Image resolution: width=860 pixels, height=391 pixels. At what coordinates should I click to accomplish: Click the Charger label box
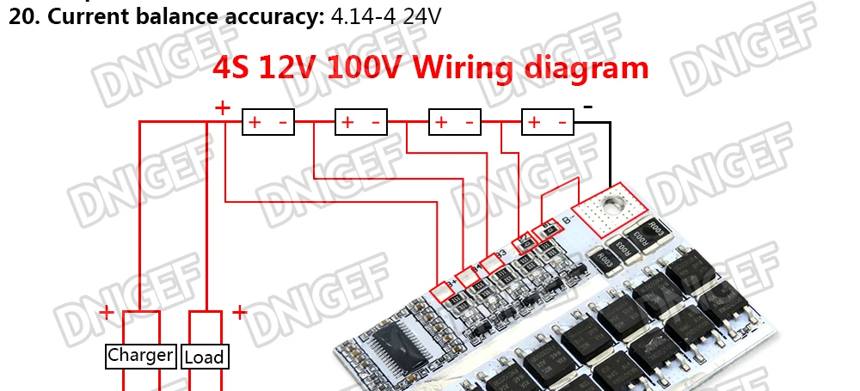[x=141, y=356]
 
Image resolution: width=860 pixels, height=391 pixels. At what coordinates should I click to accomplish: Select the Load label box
[x=204, y=357]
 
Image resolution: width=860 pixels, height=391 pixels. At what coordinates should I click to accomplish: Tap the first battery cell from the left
[x=269, y=123]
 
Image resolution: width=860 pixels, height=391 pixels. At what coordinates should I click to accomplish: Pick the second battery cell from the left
[x=361, y=123]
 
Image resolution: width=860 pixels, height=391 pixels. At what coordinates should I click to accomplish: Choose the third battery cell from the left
[x=455, y=123]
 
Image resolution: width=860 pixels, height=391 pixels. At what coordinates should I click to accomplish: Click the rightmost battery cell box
[x=548, y=123]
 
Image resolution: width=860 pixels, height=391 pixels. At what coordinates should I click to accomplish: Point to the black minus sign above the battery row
[x=588, y=107]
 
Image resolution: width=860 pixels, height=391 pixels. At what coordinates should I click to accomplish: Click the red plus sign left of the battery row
[x=223, y=108]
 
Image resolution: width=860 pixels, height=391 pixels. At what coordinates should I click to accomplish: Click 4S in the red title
[x=234, y=68]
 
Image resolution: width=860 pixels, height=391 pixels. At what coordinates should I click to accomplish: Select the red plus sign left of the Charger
[x=106, y=313]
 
